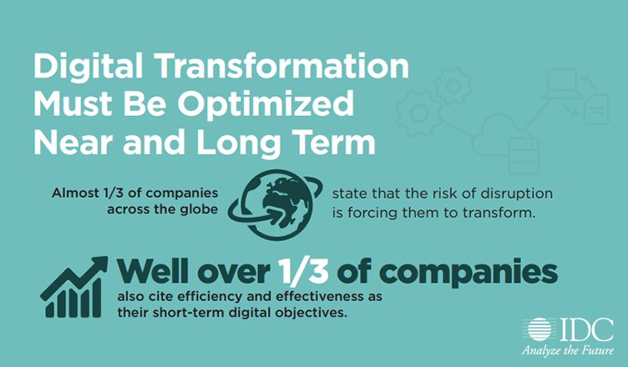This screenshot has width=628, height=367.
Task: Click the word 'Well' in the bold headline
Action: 155,272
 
